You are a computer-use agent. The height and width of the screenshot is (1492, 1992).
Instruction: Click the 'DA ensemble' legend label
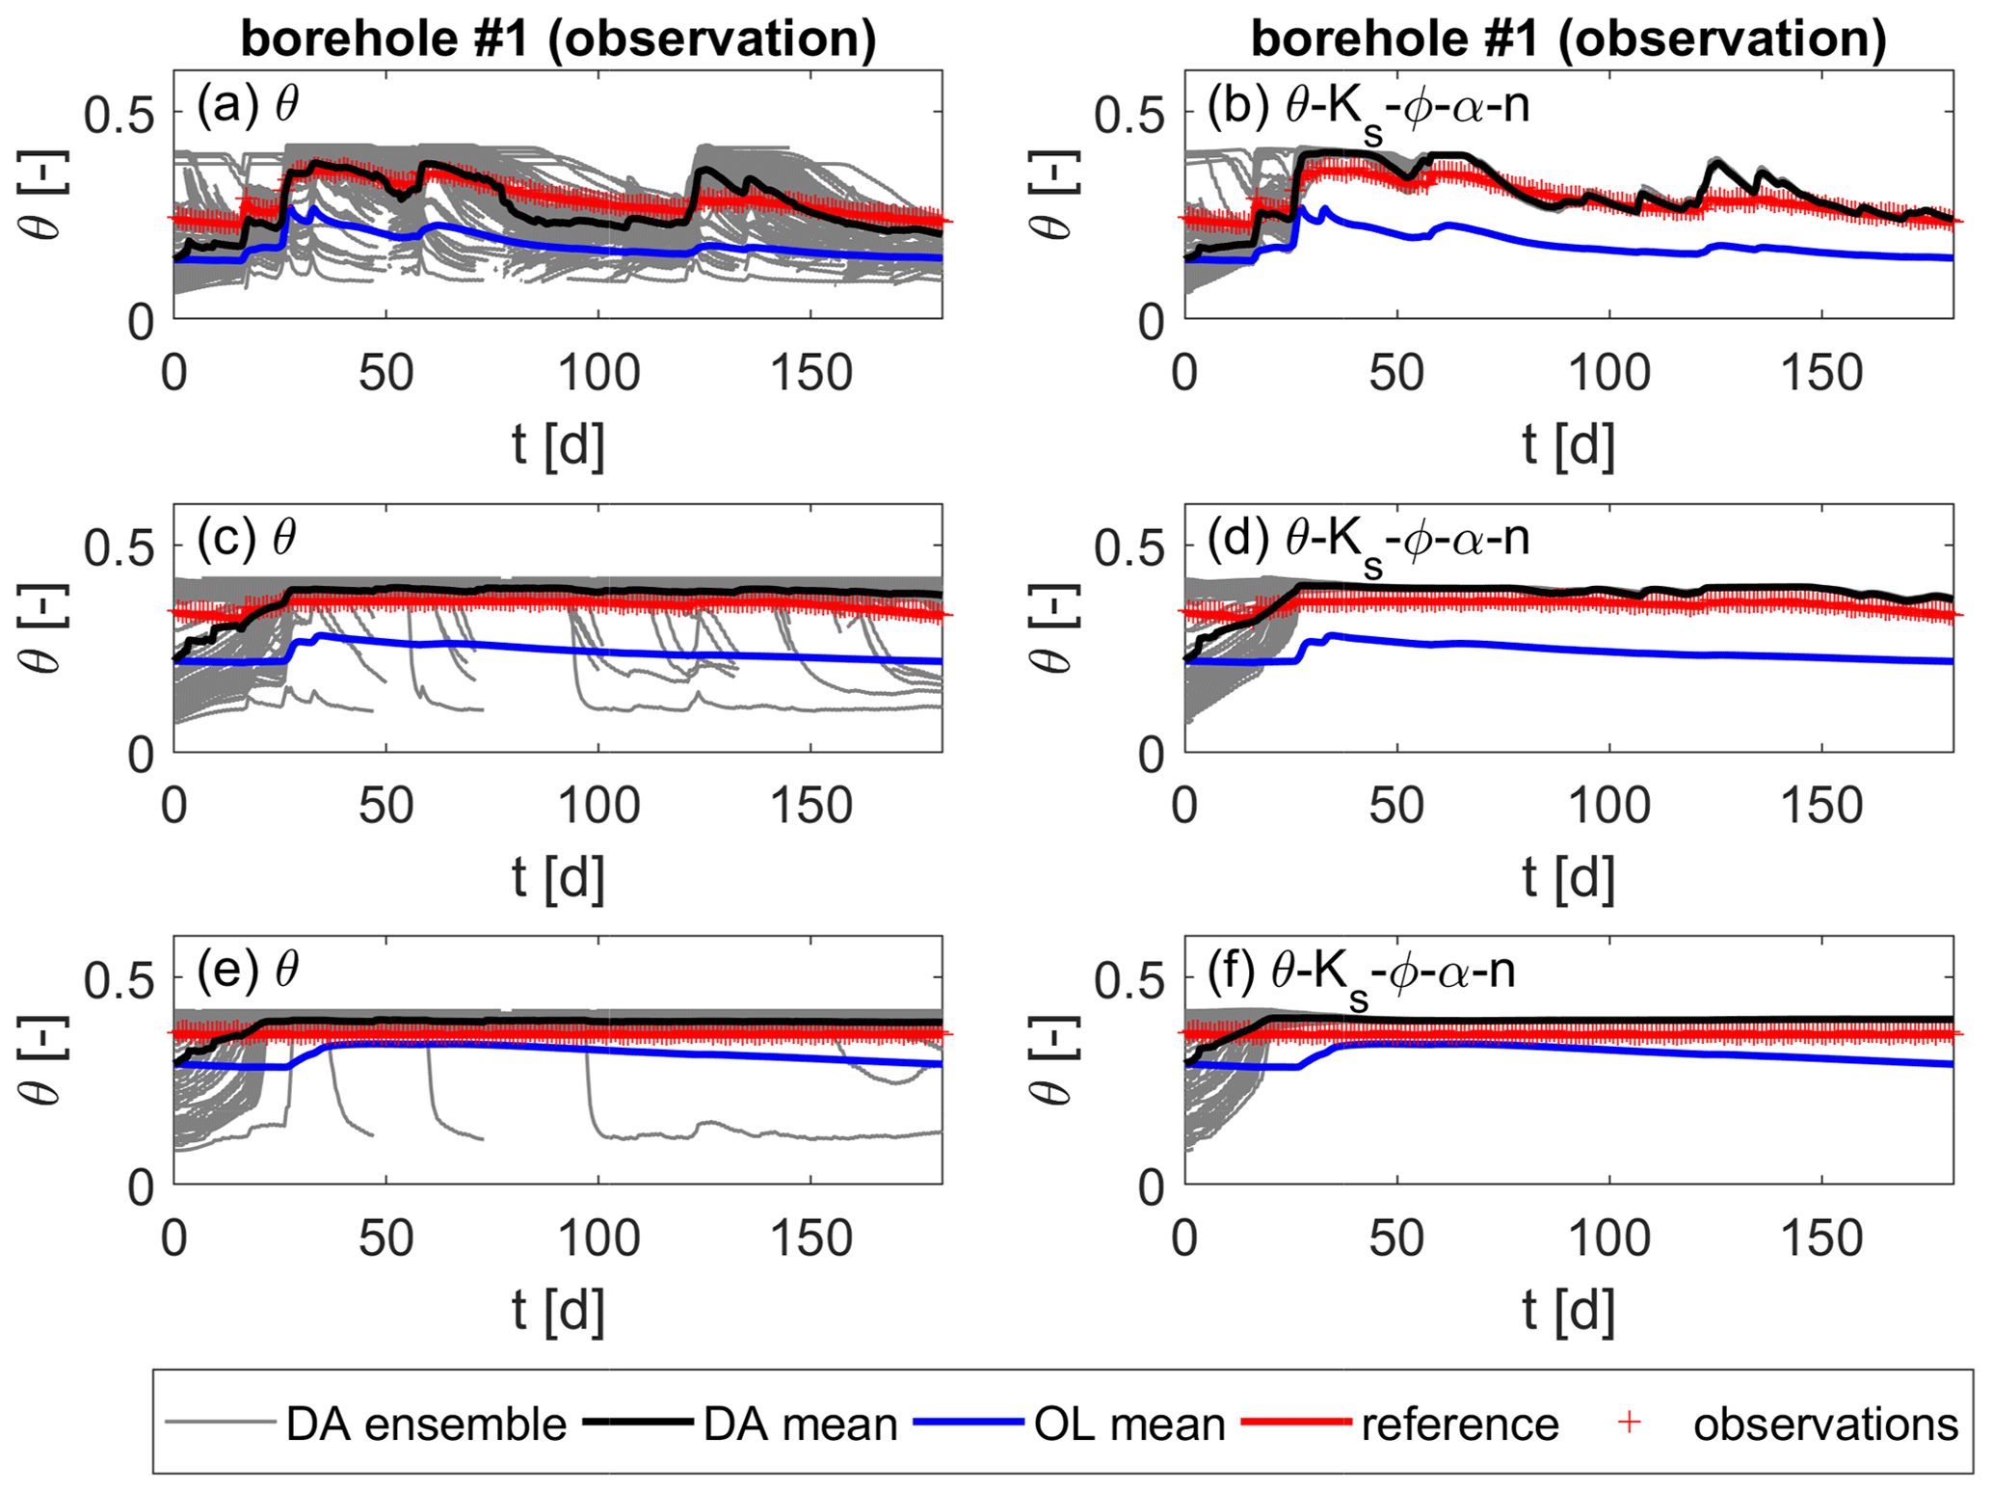[426, 1424]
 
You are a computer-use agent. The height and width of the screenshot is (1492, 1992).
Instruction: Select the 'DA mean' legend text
[800, 1424]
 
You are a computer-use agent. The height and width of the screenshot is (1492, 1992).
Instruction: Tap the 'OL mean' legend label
[1129, 1424]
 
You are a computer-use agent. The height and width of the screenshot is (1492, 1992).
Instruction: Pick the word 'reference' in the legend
[1459, 1424]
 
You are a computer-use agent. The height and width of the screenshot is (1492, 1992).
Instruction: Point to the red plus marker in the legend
[1629, 1422]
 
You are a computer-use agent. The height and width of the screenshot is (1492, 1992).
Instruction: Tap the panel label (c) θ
[247, 537]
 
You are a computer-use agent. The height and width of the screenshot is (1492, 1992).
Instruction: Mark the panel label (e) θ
[248, 970]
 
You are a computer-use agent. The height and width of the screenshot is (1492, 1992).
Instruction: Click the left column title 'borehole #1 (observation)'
[558, 39]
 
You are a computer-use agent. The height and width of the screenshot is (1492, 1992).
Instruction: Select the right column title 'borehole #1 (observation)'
[1568, 39]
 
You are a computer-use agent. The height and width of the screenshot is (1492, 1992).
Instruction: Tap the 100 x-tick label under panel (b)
[1609, 372]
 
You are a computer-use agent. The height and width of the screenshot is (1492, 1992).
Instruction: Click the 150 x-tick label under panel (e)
[810, 1238]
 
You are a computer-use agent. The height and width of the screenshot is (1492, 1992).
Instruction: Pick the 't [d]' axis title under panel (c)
[558, 877]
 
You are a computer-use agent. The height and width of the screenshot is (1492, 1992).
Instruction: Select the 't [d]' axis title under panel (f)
[1568, 1310]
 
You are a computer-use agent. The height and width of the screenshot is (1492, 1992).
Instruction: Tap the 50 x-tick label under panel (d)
[1396, 805]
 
